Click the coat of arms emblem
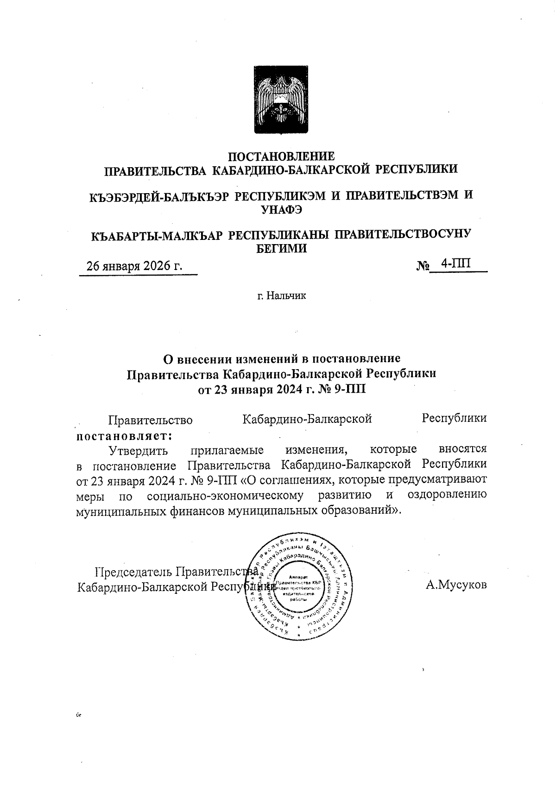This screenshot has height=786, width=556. pos(278,100)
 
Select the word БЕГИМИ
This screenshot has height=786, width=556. pos(282,249)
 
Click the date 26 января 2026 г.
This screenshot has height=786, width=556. pos(135,266)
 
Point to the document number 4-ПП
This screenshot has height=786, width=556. pos(456,264)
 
